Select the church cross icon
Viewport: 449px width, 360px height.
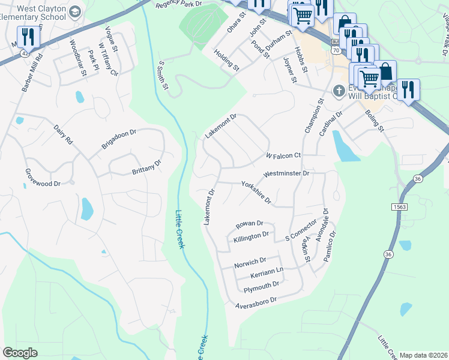339,91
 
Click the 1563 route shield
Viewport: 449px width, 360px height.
401,207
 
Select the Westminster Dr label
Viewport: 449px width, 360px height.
286,173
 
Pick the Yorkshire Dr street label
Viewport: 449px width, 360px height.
256,192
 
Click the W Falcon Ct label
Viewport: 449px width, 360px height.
283,155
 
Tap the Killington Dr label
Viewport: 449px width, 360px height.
255,236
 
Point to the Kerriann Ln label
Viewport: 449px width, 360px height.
267,273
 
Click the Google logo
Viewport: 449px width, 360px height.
20,352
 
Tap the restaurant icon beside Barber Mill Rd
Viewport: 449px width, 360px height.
28,37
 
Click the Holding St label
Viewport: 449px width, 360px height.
227,60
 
